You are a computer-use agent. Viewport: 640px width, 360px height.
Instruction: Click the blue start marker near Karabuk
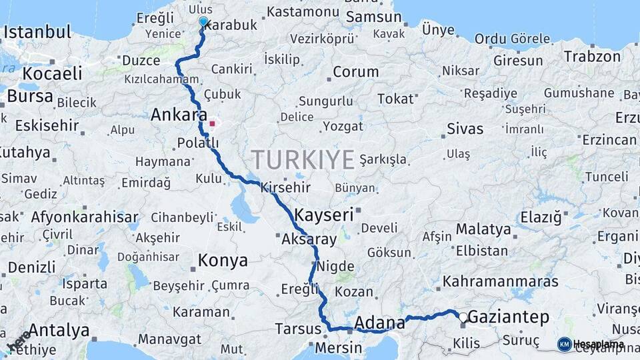click(x=203, y=21)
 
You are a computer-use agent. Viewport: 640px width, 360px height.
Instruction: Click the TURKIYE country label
click(x=303, y=160)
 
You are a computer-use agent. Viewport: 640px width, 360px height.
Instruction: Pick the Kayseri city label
click(x=323, y=215)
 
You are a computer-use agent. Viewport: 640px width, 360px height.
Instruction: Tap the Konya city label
click(x=223, y=260)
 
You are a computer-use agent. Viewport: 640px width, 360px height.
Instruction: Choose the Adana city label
click(x=380, y=323)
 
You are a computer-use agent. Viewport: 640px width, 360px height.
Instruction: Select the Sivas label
click(x=465, y=129)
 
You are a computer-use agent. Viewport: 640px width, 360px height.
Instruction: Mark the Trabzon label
click(x=592, y=56)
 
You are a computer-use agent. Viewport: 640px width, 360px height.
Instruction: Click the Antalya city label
click(x=59, y=330)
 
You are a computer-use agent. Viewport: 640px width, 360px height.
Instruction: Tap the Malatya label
click(x=483, y=229)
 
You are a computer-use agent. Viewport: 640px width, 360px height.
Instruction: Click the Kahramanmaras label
click(x=500, y=281)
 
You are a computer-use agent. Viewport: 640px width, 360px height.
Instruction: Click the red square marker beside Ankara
click(x=212, y=123)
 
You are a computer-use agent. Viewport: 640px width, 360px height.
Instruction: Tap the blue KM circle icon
click(x=564, y=344)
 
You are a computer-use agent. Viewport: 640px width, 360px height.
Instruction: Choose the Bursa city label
click(x=29, y=97)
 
